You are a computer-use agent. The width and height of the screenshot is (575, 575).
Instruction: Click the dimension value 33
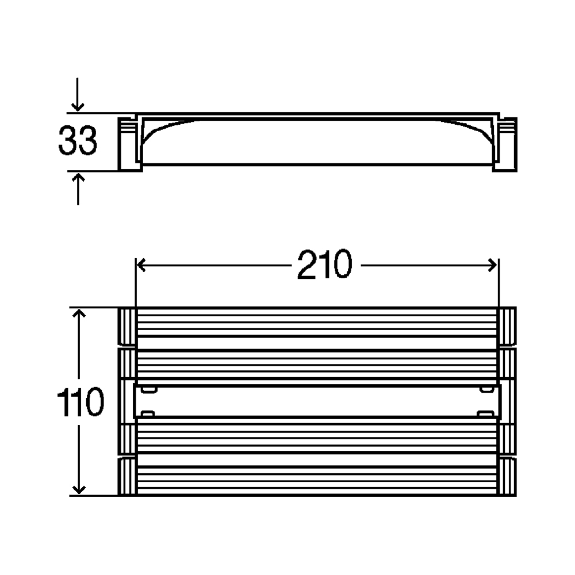[78, 140]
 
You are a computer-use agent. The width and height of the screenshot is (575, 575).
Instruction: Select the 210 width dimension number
[324, 264]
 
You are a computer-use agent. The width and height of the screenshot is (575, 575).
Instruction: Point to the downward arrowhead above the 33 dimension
[77, 107]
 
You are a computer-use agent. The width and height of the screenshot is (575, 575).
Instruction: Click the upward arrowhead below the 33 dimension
[78, 178]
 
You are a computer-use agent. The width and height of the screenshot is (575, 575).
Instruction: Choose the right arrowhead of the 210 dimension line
[493, 265]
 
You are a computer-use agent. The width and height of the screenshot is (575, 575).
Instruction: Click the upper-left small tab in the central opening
[149, 389]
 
